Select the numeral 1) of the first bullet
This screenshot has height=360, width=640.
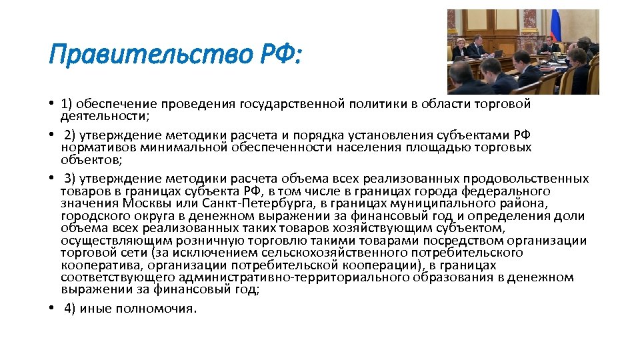66,104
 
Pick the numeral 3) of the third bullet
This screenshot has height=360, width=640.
70,179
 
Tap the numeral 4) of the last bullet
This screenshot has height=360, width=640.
70,308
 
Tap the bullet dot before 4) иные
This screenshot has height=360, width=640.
51,308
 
